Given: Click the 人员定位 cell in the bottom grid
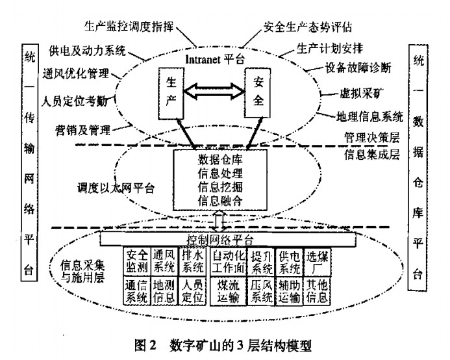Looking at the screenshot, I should [x=193, y=291].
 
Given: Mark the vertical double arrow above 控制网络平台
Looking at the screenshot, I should [x=221, y=220].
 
